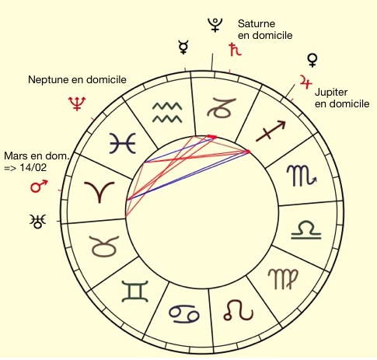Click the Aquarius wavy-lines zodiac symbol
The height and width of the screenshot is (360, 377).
167,112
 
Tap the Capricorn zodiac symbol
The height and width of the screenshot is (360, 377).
221,108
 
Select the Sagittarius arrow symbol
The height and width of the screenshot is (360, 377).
271,131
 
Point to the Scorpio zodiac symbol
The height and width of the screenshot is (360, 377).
302,176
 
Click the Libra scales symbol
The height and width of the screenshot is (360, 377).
306,229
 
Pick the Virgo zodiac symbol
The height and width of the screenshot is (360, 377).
283,278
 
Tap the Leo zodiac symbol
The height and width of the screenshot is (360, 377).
238,310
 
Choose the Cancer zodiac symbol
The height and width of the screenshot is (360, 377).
184,314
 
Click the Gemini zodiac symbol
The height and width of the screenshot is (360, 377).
135,292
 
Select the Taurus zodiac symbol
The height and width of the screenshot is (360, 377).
105,246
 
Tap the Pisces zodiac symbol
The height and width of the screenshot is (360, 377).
123,143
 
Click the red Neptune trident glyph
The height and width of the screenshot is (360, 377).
77,103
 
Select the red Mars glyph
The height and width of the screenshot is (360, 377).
39,186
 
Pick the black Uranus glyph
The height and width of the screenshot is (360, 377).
38,221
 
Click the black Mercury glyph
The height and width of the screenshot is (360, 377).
183,47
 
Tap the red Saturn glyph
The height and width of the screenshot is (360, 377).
235,50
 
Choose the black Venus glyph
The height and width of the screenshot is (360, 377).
312,61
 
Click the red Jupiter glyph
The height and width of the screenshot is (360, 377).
305,82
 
